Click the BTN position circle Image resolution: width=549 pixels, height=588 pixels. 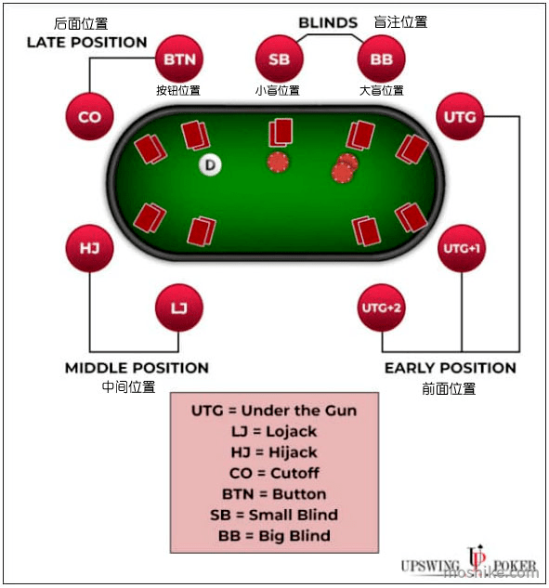pyautogui.click(x=179, y=59)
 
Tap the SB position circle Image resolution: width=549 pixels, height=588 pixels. pyautogui.click(x=279, y=59)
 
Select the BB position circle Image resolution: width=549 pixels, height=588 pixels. pyautogui.click(x=382, y=59)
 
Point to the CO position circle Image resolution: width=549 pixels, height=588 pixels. pyautogui.click(x=89, y=117)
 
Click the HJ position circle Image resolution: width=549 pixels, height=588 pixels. pyautogui.click(x=89, y=248)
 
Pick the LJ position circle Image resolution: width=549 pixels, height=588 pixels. pyautogui.click(x=179, y=307)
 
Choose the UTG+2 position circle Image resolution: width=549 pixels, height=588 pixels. pyautogui.click(x=382, y=307)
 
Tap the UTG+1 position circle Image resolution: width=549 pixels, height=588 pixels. pyautogui.click(x=462, y=248)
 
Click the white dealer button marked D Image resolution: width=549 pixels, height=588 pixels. pyautogui.click(x=210, y=164)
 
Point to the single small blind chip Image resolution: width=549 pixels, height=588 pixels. pyautogui.click(x=278, y=163)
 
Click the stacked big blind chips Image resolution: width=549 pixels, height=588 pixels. pyautogui.click(x=345, y=168)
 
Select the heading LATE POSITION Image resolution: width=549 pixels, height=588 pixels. pyautogui.click(x=86, y=43)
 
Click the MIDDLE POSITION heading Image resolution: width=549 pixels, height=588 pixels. pyautogui.click(x=137, y=368)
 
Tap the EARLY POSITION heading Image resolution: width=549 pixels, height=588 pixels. pyautogui.click(x=451, y=368)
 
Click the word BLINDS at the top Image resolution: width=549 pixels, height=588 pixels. pyautogui.click(x=328, y=23)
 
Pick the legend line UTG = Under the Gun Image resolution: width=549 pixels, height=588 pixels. pyautogui.click(x=274, y=411)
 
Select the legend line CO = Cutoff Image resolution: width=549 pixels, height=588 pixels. pyautogui.click(x=274, y=473)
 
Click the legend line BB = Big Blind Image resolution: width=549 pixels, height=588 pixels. pyautogui.click(x=274, y=535)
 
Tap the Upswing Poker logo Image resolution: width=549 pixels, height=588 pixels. pyautogui.click(x=469, y=562)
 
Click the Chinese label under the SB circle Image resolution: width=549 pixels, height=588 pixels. pyautogui.click(x=278, y=90)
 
